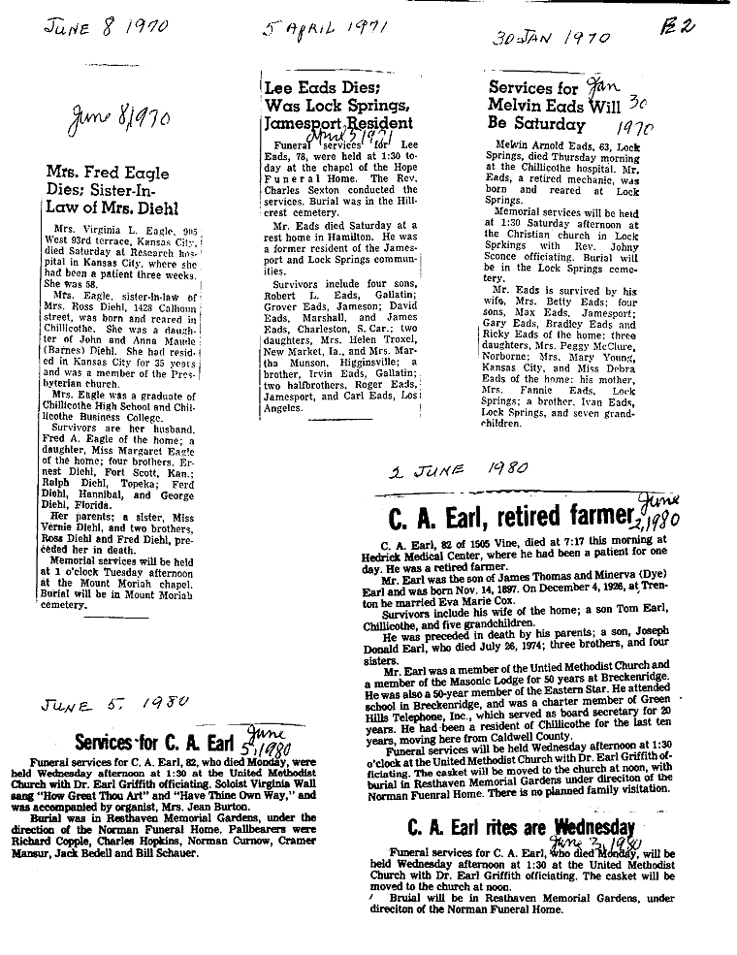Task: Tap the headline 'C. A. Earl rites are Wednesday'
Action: pyautogui.click(x=521, y=827)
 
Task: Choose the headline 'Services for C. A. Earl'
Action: pyautogui.click(x=166, y=742)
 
